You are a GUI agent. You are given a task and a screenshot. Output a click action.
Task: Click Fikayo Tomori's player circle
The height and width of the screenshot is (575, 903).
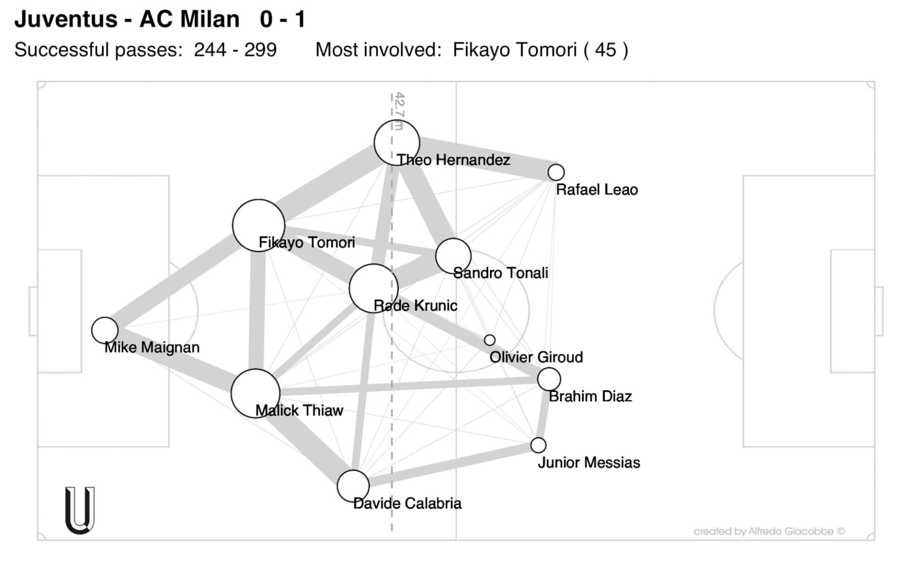258,225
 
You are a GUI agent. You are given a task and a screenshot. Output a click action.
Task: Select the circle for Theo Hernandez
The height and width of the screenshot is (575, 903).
396,142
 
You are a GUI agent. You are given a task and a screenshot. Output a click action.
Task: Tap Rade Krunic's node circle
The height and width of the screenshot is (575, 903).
373,288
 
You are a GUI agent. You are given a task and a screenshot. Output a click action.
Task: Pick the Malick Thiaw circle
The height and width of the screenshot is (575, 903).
255,394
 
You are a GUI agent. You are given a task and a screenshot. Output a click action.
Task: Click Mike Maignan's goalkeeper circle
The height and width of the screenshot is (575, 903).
104,330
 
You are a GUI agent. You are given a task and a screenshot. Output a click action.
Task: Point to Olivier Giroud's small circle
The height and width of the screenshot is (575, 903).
490,340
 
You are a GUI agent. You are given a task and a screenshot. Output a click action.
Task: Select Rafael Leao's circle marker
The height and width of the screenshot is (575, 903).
556,173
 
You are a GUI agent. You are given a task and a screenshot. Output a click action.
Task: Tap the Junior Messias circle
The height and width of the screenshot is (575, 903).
538,445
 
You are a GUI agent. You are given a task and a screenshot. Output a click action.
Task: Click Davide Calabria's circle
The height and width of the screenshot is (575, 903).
353,486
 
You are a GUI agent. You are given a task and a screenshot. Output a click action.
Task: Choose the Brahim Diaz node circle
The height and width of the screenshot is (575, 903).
549,378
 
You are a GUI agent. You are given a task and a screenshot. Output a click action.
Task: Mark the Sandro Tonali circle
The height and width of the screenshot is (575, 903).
453,256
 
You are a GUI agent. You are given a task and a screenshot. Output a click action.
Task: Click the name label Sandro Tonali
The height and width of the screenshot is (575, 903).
500,273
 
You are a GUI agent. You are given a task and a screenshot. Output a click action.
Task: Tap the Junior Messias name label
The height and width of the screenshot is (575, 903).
589,463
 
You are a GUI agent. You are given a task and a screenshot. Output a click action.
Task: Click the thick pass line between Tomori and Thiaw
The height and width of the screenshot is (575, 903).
257,310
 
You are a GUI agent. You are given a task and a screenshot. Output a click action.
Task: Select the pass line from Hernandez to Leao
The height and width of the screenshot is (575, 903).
484,158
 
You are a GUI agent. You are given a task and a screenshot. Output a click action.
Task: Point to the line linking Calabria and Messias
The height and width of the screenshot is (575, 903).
447,465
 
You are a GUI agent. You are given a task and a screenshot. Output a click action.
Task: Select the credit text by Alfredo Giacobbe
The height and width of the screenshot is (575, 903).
769,531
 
